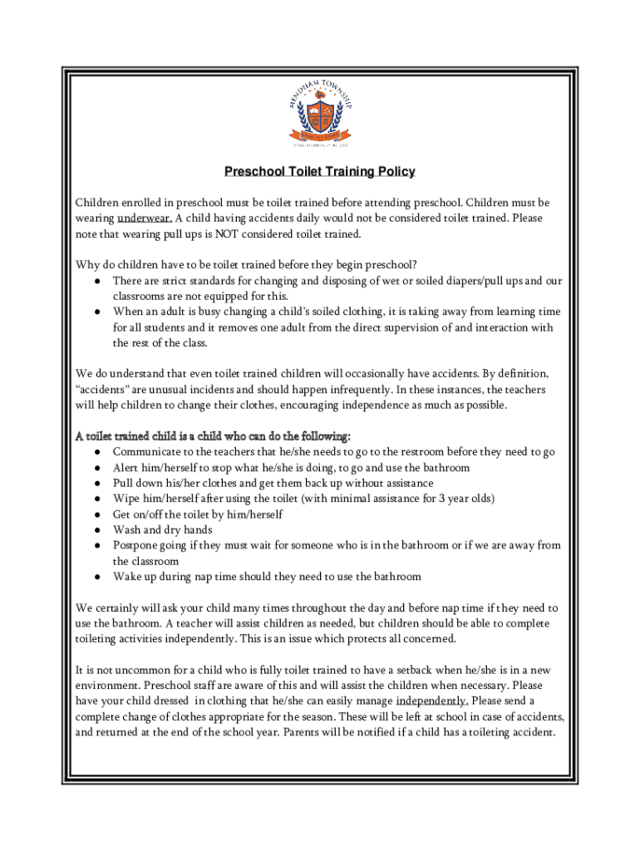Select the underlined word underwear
point(145,219)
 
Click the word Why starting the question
point(86,266)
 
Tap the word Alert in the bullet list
point(127,468)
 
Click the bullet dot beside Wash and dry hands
point(98,530)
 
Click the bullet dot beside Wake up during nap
point(98,577)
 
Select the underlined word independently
point(431,701)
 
